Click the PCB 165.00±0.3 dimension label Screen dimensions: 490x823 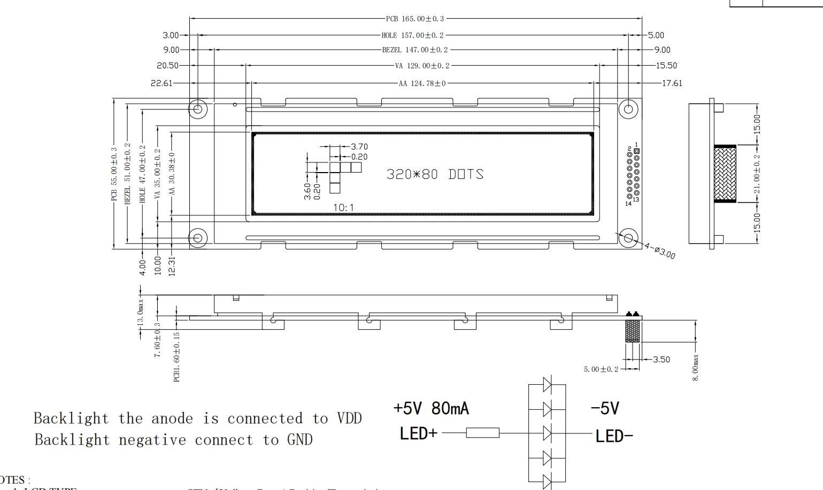415,19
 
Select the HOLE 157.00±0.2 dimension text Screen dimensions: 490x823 412,35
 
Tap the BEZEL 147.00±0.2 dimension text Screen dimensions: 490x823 414,50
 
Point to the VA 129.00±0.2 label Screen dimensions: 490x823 422,66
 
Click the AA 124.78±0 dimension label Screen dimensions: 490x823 421,83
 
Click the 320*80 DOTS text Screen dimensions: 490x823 435,175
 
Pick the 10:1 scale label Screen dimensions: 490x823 343,207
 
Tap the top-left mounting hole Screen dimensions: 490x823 198,110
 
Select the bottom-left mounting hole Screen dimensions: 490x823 198,238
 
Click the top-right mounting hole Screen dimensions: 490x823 628,110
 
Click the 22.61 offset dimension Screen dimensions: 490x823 161,83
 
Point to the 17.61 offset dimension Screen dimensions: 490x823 672,83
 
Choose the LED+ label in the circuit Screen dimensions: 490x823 418,434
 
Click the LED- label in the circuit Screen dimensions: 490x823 614,437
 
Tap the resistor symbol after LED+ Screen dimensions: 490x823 482,433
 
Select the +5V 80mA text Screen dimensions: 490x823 431,409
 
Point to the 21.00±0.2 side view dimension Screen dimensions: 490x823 757,174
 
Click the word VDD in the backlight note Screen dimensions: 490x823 349,418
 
